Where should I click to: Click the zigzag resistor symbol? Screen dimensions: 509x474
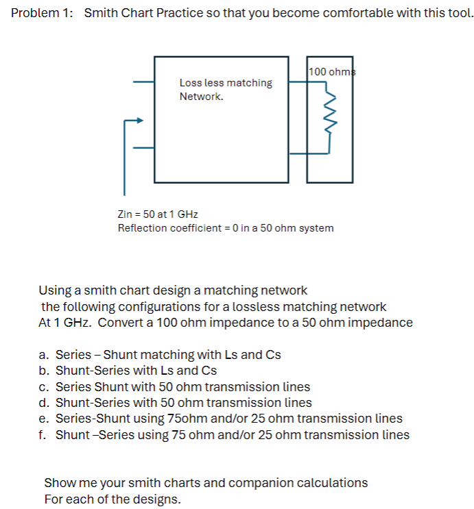click(330, 112)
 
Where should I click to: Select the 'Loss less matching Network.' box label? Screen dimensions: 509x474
click(225, 90)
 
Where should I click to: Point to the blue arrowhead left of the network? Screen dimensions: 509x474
click(140, 121)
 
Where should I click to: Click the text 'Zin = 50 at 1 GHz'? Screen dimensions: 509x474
click(158, 214)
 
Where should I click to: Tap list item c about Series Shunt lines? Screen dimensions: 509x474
click(174, 386)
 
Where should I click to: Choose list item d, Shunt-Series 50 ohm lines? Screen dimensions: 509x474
click(175, 403)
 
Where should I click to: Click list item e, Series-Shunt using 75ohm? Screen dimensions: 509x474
click(220, 419)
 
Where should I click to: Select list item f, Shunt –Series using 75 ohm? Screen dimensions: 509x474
click(224, 435)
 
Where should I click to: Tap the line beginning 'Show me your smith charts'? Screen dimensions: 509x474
click(205, 483)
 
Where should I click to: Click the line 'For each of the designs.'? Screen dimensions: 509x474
click(112, 499)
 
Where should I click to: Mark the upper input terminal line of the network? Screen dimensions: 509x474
click(143, 82)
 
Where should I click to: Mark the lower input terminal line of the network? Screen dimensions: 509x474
click(143, 147)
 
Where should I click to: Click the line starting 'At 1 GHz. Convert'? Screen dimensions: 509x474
click(226, 323)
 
